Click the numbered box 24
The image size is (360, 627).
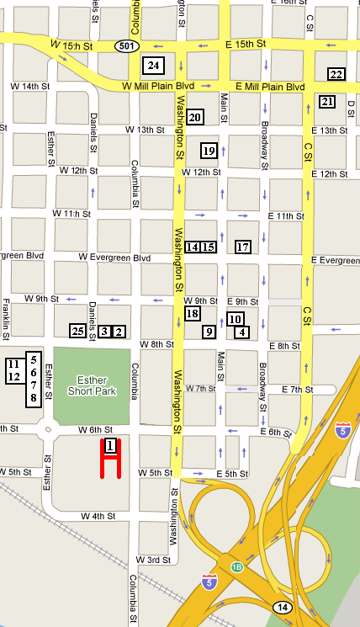click(153, 65)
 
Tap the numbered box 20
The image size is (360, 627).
click(194, 118)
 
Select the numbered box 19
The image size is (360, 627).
click(209, 151)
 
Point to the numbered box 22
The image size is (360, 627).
click(336, 74)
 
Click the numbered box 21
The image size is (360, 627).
click(327, 102)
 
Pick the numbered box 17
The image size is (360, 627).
click(243, 247)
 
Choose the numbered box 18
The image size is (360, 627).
click(192, 314)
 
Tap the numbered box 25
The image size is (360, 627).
click(77, 332)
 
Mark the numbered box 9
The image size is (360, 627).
click(209, 332)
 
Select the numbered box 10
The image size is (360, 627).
click(236, 319)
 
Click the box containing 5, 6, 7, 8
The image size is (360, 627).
click(33, 379)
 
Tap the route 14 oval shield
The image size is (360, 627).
click(282, 606)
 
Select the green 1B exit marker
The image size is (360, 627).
click(237, 566)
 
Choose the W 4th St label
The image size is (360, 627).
click(98, 515)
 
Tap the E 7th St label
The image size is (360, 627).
click(295, 390)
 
